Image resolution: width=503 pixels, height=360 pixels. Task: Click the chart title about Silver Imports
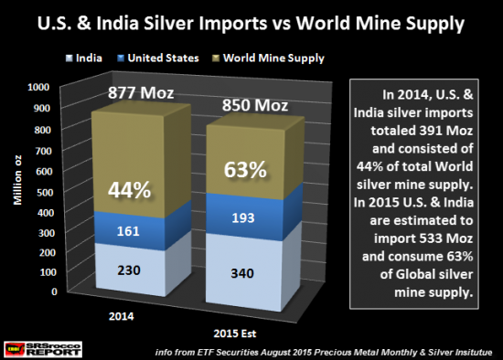[251, 20]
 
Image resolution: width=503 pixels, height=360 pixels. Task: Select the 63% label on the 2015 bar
[245, 171]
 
